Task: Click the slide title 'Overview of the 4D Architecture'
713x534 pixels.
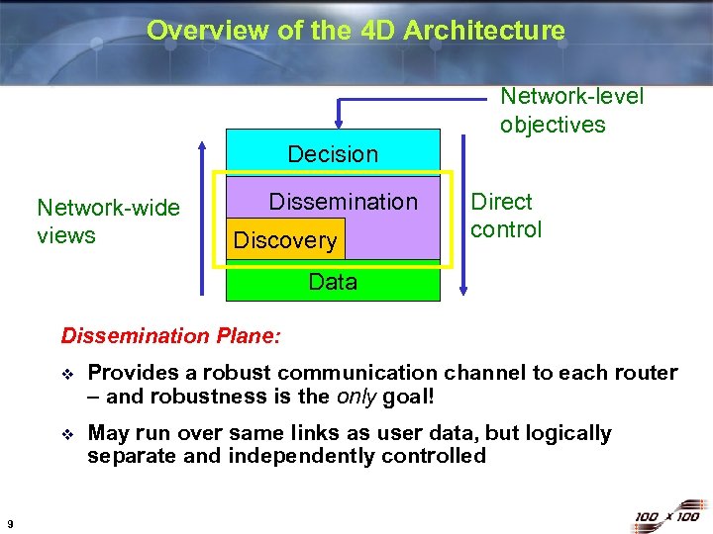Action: click(x=356, y=31)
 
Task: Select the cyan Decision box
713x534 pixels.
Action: click(x=333, y=153)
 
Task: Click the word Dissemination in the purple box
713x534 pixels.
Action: click(x=344, y=202)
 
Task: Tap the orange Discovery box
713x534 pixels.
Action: click(x=284, y=240)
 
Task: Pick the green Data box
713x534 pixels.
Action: click(x=333, y=282)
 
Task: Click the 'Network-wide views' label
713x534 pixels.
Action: click(x=108, y=222)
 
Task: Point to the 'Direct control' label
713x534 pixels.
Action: click(x=506, y=216)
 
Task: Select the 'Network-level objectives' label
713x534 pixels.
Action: click(x=571, y=110)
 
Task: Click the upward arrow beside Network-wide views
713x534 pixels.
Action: click(x=202, y=218)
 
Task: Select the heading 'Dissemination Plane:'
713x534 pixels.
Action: click(x=171, y=335)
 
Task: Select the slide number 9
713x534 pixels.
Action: click(x=9, y=523)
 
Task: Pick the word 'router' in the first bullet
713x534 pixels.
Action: click(x=646, y=373)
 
